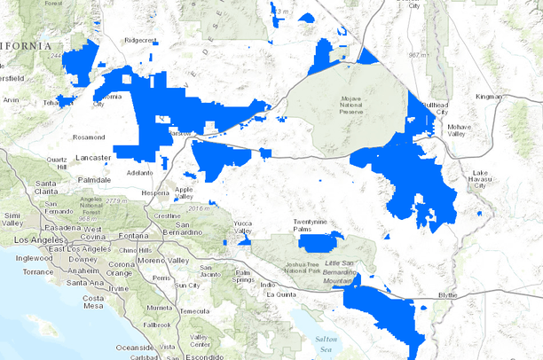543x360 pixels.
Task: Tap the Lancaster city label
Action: [x=88, y=157]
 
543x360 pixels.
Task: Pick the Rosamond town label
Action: [x=89, y=137]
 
